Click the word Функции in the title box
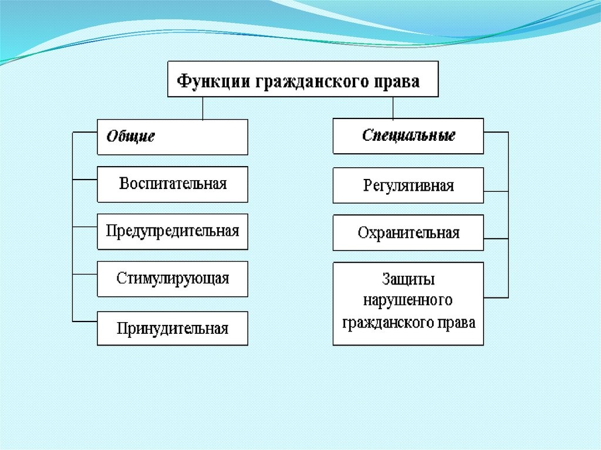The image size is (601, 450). pyautogui.click(x=212, y=80)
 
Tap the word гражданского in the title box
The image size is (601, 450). pyautogui.click(x=313, y=80)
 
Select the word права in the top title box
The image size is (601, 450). pyautogui.click(x=401, y=80)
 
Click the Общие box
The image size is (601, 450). pyautogui.click(x=172, y=137)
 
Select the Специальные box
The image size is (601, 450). pyautogui.click(x=408, y=136)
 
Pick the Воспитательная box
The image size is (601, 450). pyautogui.click(x=172, y=184)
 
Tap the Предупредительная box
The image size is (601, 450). pyautogui.click(x=172, y=231)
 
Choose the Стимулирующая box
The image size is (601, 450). pyautogui.click(x=172, y=279)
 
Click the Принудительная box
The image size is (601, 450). pyautogui.click(x=172, y=328)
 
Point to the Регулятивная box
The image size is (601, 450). pyautogui.click(x=408, y=185)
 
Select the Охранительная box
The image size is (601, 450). pyautogui.click(x=408, y=232)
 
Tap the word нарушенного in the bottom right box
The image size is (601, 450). pyautogui.click(x=408, y=300)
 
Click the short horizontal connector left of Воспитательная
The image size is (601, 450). pyautogui.click(x=85, y=179)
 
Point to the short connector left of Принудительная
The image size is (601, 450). pyautogui.click(x=85, y=321)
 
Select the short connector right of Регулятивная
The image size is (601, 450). pyautogui.click(x=496, y=191)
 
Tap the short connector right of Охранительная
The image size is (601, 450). pyautogui.click(x=496, y=238)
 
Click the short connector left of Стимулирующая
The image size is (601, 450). pyautogui.click(x=85, y=274)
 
